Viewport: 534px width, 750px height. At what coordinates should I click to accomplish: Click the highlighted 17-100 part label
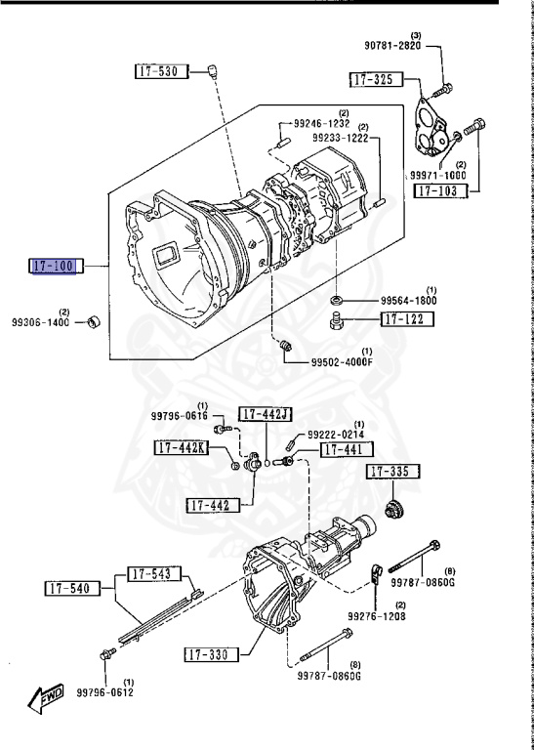point(56,266)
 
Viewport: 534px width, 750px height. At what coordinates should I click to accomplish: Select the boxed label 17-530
point(162,71)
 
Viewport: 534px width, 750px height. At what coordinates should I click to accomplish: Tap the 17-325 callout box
point(376,79)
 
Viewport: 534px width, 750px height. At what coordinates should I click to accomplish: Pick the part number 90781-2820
point(392,46)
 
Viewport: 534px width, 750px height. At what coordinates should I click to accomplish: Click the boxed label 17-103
point(441,190)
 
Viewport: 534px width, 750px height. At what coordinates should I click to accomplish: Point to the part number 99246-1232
point(322,123)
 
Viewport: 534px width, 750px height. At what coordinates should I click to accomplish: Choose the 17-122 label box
point(407,319)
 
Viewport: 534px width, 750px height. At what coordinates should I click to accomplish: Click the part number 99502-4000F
point(342,362)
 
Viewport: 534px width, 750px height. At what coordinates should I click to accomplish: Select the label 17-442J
point(266,414)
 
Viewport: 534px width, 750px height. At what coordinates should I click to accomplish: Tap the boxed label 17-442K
point(182,447)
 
